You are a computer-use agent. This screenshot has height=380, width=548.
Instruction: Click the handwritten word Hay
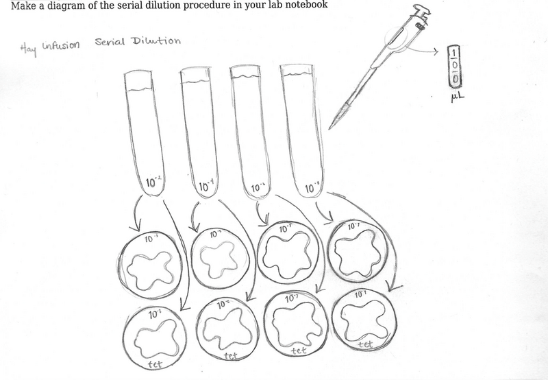28,47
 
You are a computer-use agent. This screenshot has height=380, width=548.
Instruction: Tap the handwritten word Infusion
60,45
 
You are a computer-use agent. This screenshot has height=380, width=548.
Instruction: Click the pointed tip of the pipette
330,128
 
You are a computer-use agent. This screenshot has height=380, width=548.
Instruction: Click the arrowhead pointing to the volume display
439,49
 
